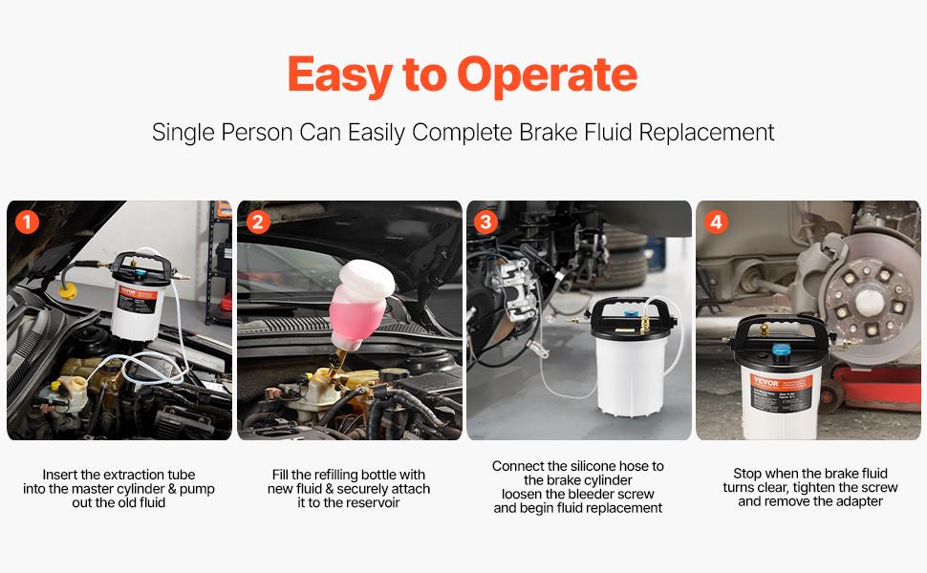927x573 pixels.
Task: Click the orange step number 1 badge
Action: [28, 223]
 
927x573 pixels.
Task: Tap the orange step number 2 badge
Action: [258, 223]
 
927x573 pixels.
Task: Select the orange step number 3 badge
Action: [487, 223]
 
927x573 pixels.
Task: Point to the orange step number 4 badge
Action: [717, 223]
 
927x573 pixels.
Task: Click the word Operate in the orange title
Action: [547, 75]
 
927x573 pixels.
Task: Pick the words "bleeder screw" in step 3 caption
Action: [616, 494]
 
